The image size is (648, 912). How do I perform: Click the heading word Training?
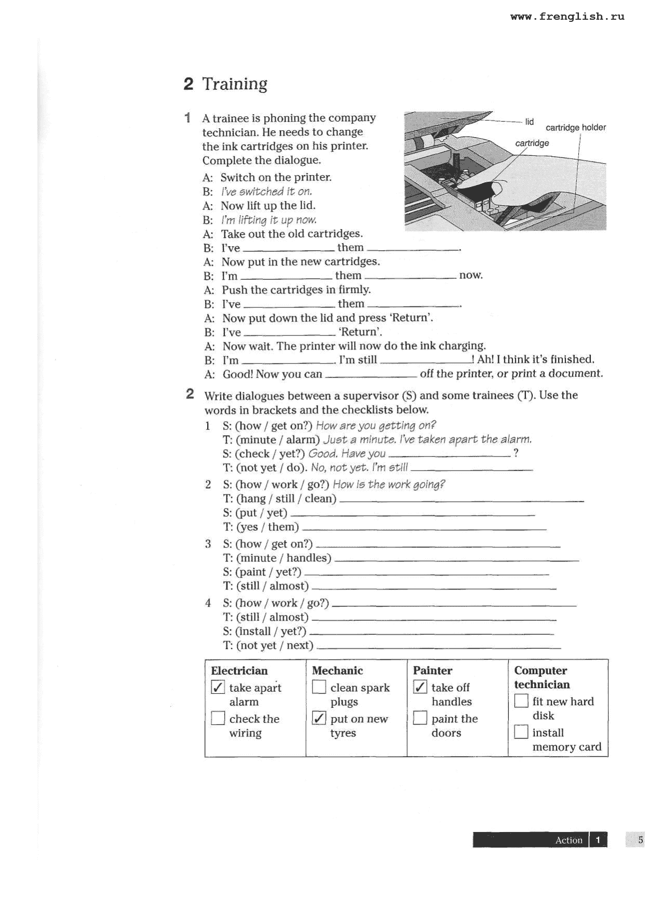point(234,84)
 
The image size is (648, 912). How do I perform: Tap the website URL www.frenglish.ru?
point(567,17)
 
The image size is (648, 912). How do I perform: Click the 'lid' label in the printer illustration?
point(529,122)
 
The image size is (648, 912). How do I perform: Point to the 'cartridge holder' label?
point(575,128)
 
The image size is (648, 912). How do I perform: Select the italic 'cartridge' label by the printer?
point(532,143)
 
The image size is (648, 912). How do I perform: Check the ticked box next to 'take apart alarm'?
point(218,688)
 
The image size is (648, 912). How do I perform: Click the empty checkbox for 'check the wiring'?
point(218,719)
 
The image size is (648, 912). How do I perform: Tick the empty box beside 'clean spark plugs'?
point(319,688)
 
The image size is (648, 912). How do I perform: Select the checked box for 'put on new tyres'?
point(319,719)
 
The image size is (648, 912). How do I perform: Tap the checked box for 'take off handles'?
point(420,687)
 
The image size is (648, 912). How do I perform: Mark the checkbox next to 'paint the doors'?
point(420,718)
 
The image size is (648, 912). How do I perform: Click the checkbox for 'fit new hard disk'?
point(521,701)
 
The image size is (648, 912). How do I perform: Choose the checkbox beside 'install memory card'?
point(521,732)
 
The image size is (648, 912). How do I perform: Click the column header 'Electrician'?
point(239,670)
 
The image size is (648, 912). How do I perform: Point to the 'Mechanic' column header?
point(337,670)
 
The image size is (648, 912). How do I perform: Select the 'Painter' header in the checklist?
point(433,670)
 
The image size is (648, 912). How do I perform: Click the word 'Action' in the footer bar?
point(569,840)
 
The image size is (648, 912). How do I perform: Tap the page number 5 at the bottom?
point(640,840)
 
